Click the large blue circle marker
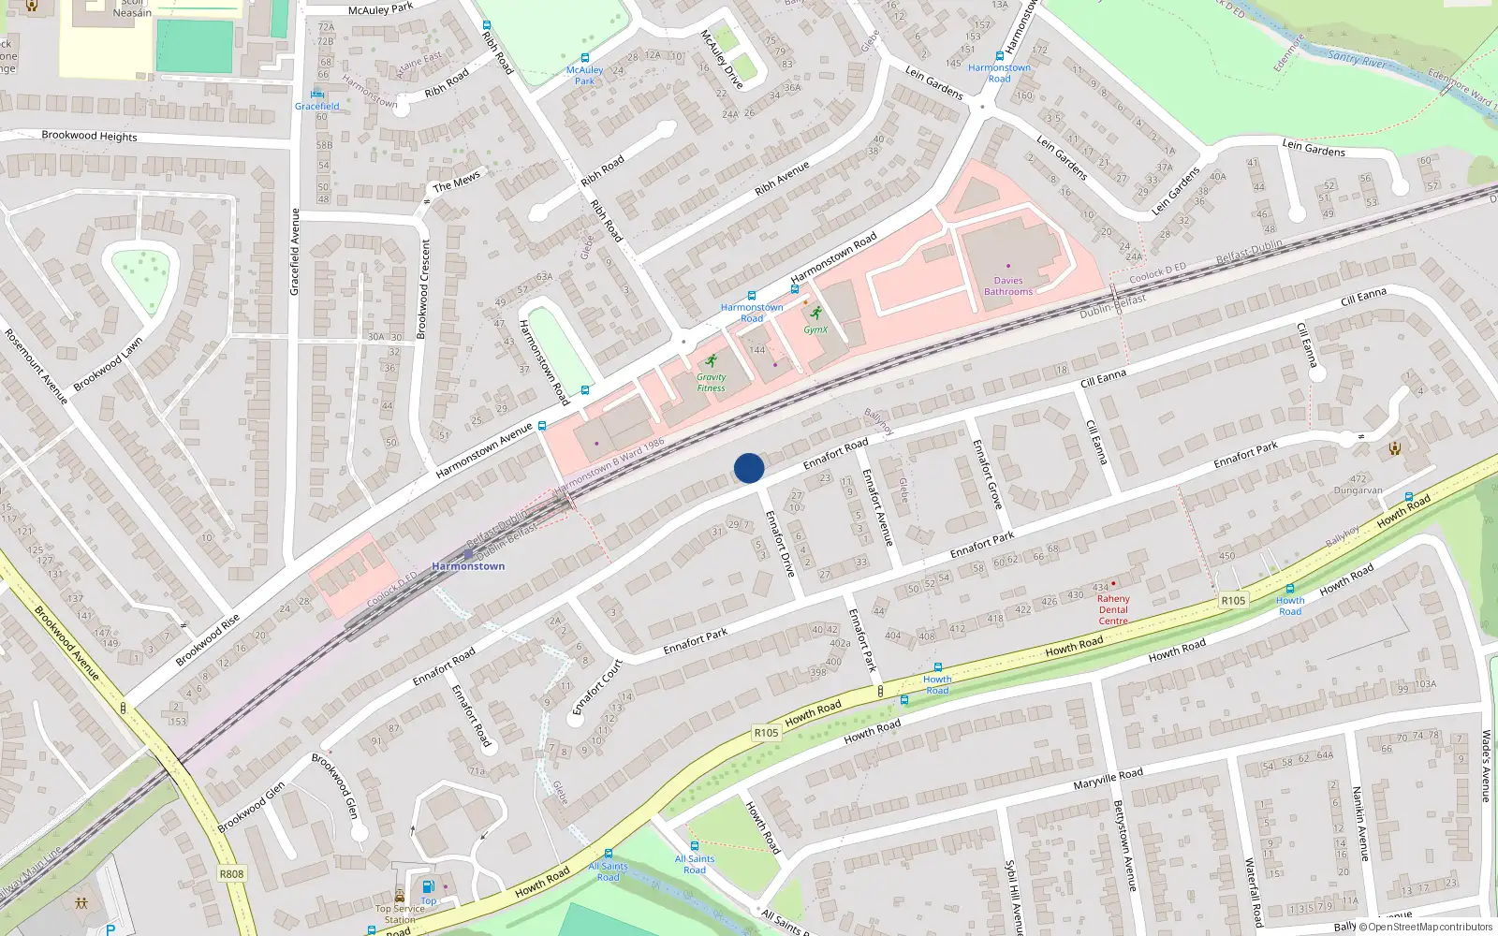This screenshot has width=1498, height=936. click(x=749, y=468)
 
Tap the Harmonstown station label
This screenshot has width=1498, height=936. click(x=468, y=566)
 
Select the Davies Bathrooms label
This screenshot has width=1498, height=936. click(x=1008, y=285)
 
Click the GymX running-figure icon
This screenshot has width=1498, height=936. click(x=816, y=314)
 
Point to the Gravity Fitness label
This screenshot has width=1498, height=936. click(x=711, y=383)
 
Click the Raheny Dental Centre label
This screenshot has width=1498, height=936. click(x=1113, y=609)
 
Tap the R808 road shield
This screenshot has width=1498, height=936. click(x=231, y=874)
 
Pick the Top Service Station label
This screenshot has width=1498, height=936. click(x=400, y=914)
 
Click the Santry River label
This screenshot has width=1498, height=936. click(x=1357, y=60)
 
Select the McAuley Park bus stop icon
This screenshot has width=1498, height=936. click(x=585, y=58)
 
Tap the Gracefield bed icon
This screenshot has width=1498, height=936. click(x=317, y=94)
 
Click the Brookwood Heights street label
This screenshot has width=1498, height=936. click(x=89, y=136)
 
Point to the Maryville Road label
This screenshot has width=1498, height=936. click(x=1108, y=778)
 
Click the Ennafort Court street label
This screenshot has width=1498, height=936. click(x=596, y=688)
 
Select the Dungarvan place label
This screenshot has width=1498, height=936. click(x=1358, y=490)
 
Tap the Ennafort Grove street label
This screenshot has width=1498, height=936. click(x=987, y=475)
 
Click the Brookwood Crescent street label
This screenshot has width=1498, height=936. click(x=423, y=289)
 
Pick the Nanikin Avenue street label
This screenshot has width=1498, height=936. click(x=1360, y=824)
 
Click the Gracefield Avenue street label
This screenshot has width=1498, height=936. click(x=295, y=252)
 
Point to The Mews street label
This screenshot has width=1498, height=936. click(x=456, y=181)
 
